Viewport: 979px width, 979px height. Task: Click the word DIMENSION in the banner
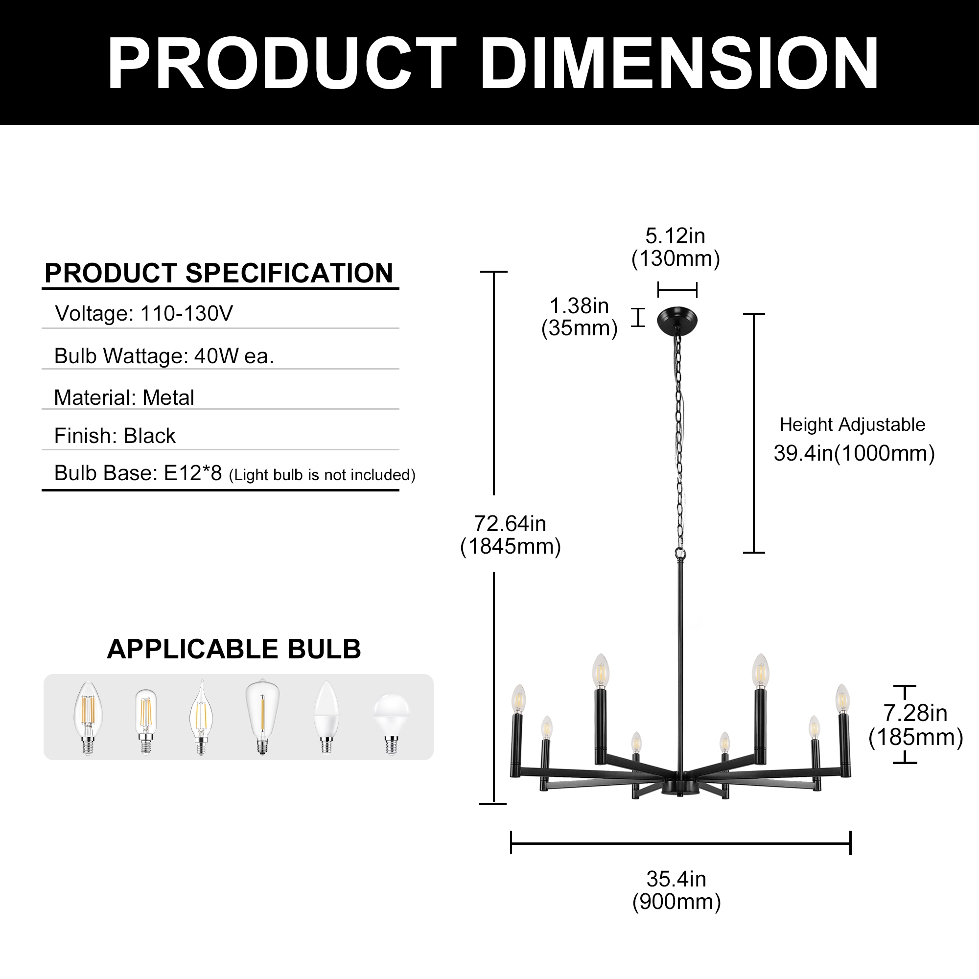tap(679, 63)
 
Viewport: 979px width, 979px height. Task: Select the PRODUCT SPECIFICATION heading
tap(219, 273)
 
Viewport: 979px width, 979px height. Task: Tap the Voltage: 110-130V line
tap(144, 314)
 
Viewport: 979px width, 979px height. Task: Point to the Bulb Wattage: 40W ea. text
tap(164, 356)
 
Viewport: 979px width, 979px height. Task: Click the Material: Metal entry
tap(124, 398)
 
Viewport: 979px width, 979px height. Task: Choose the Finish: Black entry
tap(115, 436)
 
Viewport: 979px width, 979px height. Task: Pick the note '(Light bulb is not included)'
tap(322, 475)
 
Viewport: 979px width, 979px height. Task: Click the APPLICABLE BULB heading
tap(233, 649)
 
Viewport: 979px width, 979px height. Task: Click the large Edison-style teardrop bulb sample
tap(262, 716)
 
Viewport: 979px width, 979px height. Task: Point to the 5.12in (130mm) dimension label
tap(676, 247)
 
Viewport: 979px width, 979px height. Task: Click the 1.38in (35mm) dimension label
tap(579, 317)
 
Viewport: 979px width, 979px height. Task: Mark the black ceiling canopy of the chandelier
tap(677, 321)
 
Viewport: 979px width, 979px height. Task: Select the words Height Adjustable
tap(852, 424)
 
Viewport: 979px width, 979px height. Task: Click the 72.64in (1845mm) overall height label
tap(510, 535)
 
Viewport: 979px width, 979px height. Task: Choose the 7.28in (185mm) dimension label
tap(915, 725)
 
